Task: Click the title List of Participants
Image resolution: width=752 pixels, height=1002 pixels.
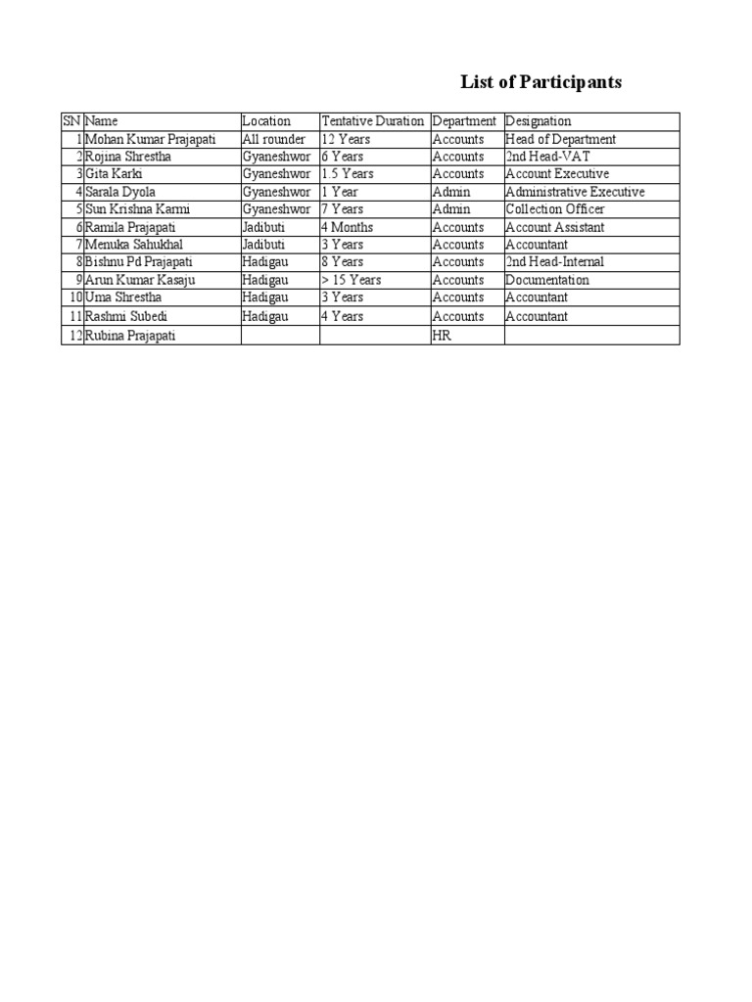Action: pos(540,82)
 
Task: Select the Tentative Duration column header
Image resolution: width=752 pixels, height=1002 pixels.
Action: pos(373,121)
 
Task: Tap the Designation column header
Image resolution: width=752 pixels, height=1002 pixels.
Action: pos(538,121)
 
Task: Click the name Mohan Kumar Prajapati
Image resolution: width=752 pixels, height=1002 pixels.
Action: pos(151,139)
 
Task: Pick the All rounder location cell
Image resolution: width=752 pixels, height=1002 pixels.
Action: pos(274,139)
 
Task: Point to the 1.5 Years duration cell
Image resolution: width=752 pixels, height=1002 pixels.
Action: pos(348,174)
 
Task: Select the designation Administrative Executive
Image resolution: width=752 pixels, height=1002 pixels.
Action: pos(575,192)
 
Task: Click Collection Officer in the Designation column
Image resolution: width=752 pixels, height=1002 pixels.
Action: pos(555,209)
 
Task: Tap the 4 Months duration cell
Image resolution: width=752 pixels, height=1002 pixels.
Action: pos(347,227)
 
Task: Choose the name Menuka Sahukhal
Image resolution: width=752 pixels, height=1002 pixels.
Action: pos(134,245)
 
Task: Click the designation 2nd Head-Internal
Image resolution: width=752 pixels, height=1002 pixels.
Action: pos(555,262)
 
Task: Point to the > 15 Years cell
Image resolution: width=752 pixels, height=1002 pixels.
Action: pos(352,280)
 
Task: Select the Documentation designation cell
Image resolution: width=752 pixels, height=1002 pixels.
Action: pos(547,280)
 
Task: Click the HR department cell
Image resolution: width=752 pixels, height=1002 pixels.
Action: pos(441,336)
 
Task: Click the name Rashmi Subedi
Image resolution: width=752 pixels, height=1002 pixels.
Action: pos(126,316)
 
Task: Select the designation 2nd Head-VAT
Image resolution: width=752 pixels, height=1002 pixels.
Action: pos(547,157)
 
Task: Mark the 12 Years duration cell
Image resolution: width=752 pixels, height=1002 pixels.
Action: pos(346,139)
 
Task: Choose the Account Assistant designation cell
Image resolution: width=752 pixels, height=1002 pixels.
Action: pos(555,227)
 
